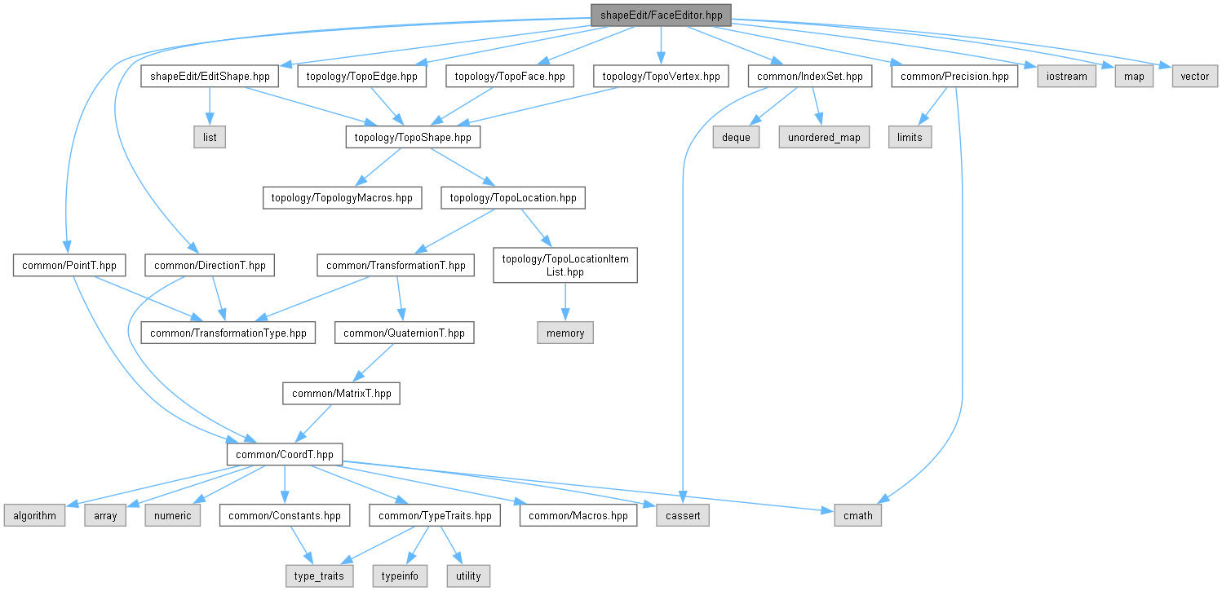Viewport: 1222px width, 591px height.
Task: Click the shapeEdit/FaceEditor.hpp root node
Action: pyautogui.click(x=661, y=15)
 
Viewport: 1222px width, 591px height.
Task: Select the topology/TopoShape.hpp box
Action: pyautogui.click(x=413, y=137)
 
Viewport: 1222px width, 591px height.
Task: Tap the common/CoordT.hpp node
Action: pyautogui.click(x=284, y=454)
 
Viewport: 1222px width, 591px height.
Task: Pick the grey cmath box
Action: pyautogui.click(x=857, y=515)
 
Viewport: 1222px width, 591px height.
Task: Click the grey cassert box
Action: pyautogui.click(x=683, y=515)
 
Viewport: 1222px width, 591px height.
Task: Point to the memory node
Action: pyautogui.click(x=565, y=333)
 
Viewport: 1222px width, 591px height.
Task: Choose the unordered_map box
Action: pyautogui.click(x=824, y=137)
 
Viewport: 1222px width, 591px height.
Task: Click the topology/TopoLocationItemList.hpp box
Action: pyautogui.click(x=565, y=265)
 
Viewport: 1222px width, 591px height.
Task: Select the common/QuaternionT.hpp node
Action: pyautogui.click(x=405, y=333)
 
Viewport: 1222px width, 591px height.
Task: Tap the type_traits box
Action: pyautogui.click(x=319, y=576)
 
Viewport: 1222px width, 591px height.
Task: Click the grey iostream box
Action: pyautogui.click(x=1066, y=77)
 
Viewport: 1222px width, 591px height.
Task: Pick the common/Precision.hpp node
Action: pyautogui.click(x=954, y=77)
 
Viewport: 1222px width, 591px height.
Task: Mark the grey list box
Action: pyautogui.click(x=210, y=137)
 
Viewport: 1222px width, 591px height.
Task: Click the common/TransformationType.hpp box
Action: pyautogui.click(x=228, y=333)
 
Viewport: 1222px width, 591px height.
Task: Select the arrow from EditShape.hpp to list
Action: pyautogui.click(x=210, y=107)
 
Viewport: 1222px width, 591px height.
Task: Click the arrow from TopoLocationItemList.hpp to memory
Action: pyautogui.click(x=565, y=302)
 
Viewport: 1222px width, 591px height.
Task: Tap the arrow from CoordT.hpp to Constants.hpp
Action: pyautogui.click(x=284, y=485)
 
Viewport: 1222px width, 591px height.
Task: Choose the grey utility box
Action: pyautogui.click(x=468, y=576)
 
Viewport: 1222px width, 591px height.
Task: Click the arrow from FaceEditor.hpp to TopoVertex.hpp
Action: pyautogui.click(x=661, y=46)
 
